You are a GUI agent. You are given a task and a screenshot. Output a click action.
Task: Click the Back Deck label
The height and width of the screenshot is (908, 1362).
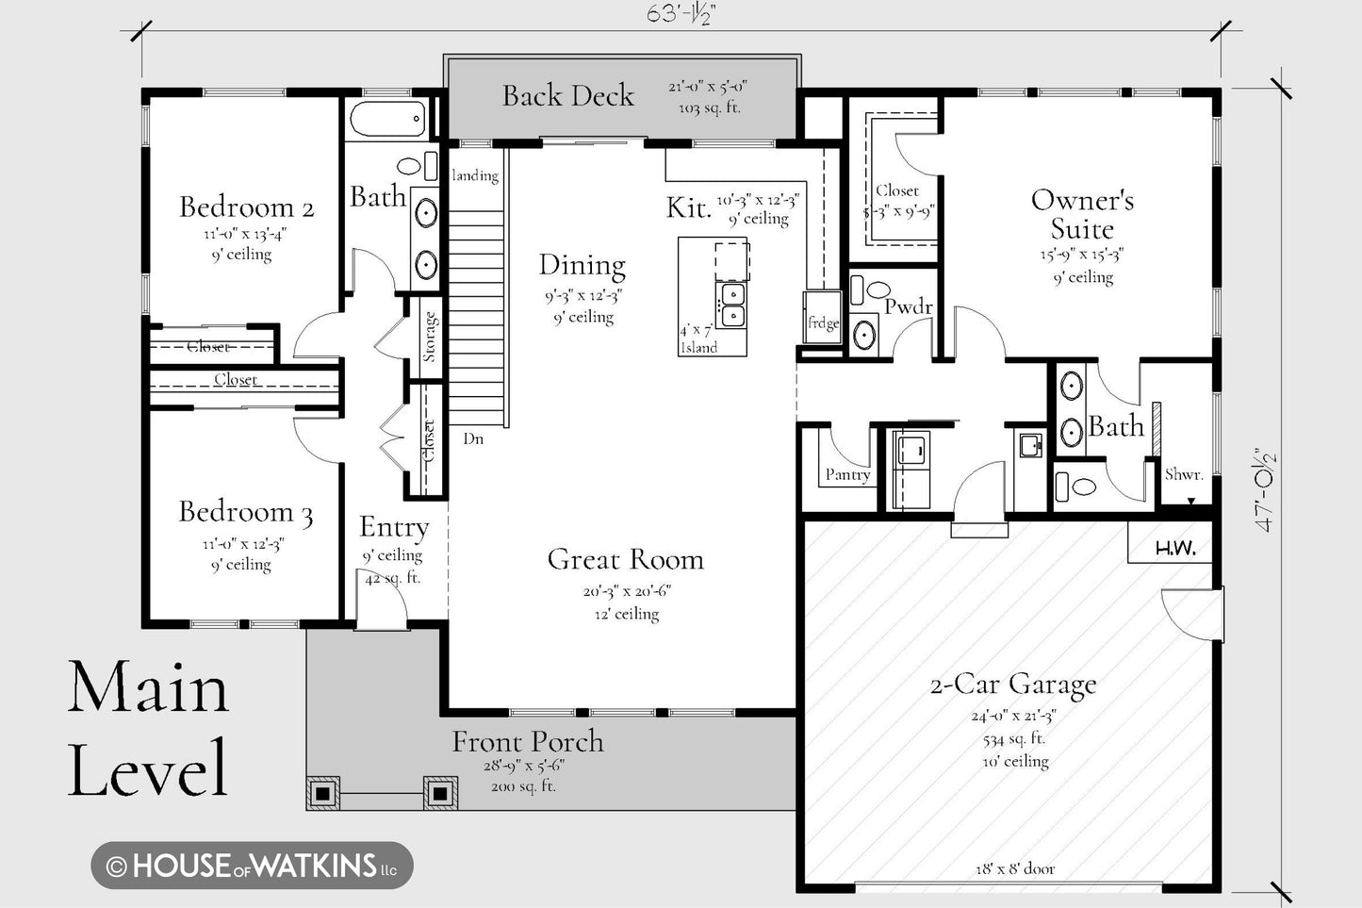pos(568,96)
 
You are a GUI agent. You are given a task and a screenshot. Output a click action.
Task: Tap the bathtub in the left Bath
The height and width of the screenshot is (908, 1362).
pos(388,119)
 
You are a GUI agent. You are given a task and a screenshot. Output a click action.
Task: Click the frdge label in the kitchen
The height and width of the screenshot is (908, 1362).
pos(823,323)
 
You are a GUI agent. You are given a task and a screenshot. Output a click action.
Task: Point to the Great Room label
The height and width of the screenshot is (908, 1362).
pos(626,559)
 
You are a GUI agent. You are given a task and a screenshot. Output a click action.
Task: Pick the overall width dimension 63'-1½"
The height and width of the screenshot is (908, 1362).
pos(681,14)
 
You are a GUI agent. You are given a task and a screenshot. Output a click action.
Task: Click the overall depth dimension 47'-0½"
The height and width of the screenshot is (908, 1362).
pos(1266,489)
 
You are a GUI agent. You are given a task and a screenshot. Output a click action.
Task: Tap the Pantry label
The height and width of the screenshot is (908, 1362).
pos(847,474)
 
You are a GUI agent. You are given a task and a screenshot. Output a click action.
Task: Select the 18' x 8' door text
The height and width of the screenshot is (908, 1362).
pos(1015,869)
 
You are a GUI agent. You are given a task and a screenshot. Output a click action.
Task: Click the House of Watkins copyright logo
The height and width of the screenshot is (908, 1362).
pos(253,866)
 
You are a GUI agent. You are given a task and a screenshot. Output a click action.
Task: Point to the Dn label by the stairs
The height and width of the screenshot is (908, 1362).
pos(473,438)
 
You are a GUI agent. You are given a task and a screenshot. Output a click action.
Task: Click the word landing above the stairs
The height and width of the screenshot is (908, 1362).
pos(475,175)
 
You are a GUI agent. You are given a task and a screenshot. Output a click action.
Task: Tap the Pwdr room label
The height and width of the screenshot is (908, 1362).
pos(909,306)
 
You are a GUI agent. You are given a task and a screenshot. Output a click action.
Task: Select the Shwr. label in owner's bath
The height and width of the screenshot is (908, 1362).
pos(1184,474)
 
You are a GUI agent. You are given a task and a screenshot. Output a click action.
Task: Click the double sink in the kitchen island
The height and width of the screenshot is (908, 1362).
pos(731,305)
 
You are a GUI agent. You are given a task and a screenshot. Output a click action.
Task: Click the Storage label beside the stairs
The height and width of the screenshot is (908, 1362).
pos(429,337)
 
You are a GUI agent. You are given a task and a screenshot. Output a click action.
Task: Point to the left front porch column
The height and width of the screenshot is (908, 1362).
pos(323,794)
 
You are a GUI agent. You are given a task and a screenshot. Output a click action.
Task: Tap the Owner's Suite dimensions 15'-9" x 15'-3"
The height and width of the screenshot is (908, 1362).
pos(1082,255)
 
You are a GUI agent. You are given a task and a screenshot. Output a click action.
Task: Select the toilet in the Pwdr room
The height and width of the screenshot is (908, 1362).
pos(869,289)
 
